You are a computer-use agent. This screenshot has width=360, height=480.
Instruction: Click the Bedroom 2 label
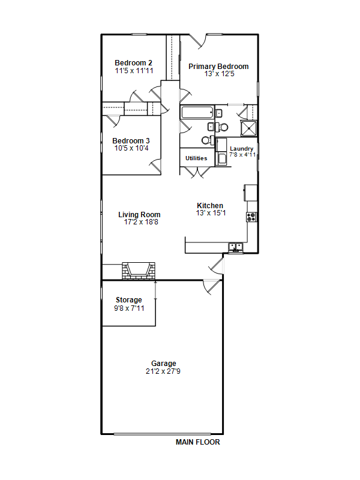133,63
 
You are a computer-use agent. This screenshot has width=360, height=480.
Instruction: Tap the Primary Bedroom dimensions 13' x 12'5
219,74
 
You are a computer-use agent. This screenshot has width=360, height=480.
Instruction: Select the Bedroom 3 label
131,141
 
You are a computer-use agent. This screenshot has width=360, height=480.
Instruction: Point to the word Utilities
196,158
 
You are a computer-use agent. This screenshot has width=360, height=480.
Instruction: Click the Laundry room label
242,149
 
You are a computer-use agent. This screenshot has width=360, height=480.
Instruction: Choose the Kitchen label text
210,206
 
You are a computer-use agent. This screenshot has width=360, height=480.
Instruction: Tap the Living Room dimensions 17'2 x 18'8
141,222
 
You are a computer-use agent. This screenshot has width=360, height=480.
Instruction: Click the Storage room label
129,300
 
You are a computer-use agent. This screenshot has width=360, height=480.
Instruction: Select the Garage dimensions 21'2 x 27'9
163,371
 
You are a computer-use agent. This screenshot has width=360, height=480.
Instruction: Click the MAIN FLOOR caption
198,442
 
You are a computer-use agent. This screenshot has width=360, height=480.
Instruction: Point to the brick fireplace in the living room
139,271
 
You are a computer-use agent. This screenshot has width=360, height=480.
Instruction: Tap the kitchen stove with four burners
251,217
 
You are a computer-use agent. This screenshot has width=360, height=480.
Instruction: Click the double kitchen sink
236,247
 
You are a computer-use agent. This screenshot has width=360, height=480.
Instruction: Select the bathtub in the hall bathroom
197,112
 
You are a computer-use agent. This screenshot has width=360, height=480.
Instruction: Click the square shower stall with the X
248,128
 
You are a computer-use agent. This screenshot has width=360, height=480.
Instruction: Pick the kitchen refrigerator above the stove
250,193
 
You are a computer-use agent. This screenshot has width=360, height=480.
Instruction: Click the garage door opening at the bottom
162,434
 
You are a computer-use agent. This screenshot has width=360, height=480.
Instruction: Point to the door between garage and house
212,287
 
